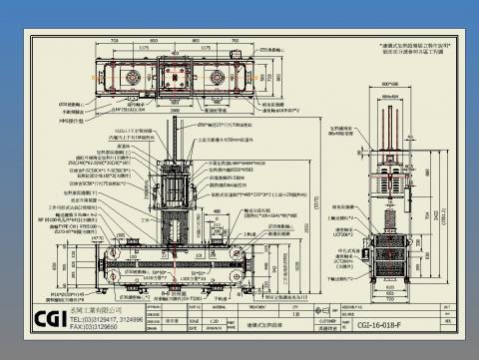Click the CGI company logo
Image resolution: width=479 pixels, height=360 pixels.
tap(46, 321)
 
